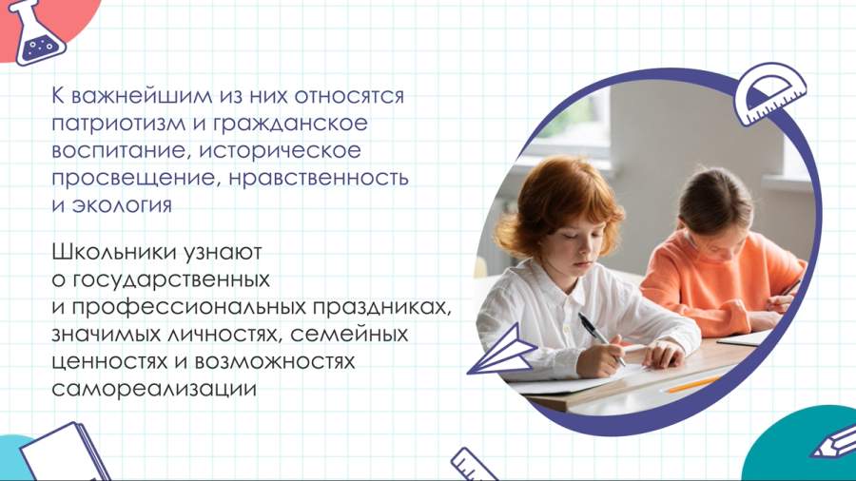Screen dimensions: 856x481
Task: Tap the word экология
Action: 122,205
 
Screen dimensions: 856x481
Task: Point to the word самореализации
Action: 154,389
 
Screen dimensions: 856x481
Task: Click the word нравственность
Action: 319,178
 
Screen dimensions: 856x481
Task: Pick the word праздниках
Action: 382,308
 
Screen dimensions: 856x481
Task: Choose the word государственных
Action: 171,280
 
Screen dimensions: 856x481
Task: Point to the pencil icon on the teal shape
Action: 834,442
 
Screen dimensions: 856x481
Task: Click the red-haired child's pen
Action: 600,337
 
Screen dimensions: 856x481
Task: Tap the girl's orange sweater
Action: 721,283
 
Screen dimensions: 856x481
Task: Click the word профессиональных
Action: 189,308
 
